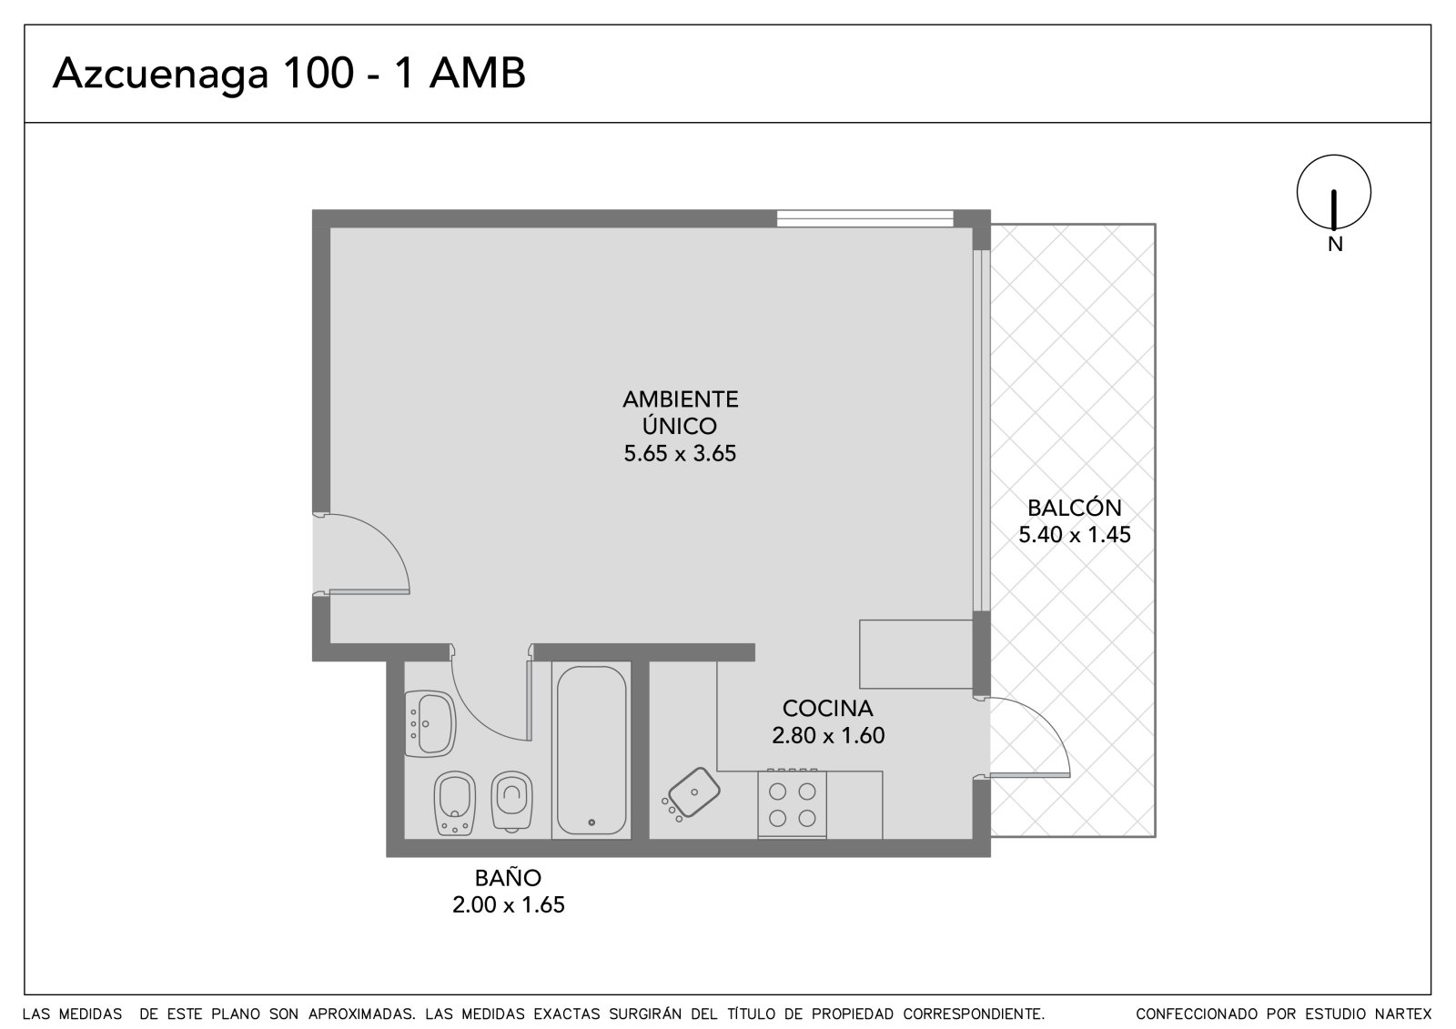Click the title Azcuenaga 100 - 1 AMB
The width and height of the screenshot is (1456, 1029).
tap(288, 74)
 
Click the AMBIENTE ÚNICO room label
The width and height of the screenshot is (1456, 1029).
tap(680, 412)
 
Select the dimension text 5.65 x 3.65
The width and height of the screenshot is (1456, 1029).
tap(680, 453)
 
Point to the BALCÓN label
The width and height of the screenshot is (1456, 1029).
tap(1075, 507)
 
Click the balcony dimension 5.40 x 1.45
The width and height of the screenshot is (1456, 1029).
tap(1075, 534)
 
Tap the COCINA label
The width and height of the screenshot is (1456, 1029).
tap(827, 708)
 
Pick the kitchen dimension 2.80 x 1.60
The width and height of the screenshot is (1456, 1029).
tap(827, 735)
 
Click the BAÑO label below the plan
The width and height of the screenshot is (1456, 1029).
tap(508, 878)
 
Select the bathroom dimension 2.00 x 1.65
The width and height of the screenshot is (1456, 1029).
tap(509, 905)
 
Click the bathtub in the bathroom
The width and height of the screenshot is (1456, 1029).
tap(591, 751)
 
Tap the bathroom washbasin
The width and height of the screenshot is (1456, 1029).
tap(429, 723)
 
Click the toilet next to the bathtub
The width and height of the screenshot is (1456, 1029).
tap(512, 802)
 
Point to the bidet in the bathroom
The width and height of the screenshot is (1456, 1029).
tap(455, 803)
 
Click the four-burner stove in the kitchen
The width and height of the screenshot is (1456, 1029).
tap(793, 804)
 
